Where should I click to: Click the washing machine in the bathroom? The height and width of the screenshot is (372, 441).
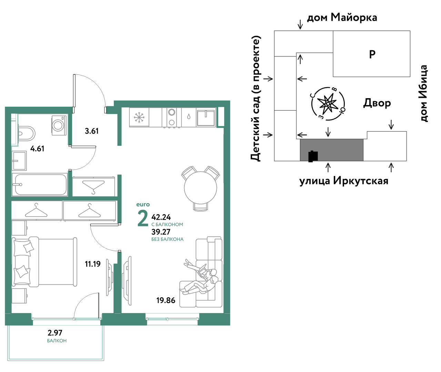click(59, 125)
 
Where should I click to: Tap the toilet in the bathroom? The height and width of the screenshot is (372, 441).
click(27, 134)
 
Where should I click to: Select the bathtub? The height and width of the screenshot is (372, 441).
click(40, 185)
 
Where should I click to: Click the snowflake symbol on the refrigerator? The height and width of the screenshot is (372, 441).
click(139, 117)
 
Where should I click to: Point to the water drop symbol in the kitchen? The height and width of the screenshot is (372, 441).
click(189, 116)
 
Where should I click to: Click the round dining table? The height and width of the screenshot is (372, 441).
click(200, 188)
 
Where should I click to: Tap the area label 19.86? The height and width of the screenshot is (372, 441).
click(166, 300)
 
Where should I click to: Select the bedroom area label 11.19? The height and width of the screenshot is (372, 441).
click(93, 264)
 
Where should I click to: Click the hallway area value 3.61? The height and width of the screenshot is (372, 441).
click(92, 131)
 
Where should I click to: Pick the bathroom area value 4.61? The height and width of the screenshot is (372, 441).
click(37, 149)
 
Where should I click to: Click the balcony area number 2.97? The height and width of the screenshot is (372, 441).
click(55, 333)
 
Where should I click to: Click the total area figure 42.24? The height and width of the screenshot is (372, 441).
click(161, 217)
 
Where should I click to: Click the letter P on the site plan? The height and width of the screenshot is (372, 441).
click(372, 54)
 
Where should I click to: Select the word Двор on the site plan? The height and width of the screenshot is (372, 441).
click(377, 103)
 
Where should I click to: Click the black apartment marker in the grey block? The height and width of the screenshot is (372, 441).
click(313, 156)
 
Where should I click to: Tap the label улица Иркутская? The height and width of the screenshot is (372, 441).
click(344, 181)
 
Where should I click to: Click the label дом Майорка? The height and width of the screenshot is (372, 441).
click(342, 18)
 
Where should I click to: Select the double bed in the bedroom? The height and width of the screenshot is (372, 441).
click(44, 262)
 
